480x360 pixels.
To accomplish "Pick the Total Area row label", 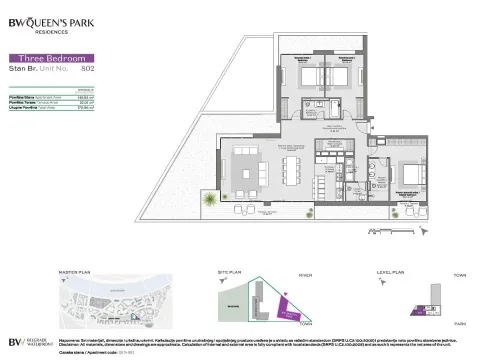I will coord(27,109).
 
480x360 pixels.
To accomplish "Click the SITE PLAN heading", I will coord(234,272).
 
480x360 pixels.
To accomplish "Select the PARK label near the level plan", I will coord(460,323).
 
